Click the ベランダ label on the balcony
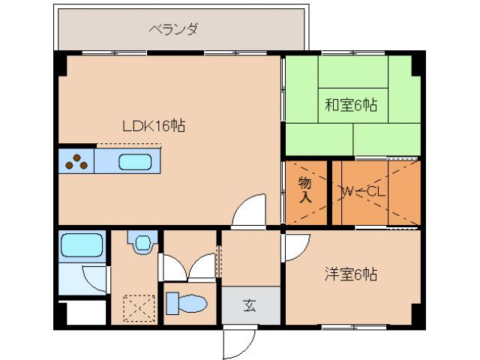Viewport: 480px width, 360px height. [173, 30]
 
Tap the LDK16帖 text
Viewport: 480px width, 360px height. [154, 126]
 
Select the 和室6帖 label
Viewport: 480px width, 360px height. [350, 106]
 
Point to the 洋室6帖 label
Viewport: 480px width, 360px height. [350, 274]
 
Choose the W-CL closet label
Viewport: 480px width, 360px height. [363, 191]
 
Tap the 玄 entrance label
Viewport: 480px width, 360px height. [249, 306]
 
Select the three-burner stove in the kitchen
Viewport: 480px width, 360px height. [76, 161]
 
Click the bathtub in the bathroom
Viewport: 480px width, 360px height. [82, 245]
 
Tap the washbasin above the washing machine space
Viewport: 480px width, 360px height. [140, 241]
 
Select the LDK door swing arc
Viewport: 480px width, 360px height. [248, 211]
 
